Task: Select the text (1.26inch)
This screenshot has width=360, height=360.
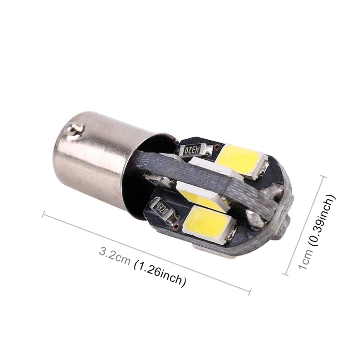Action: pos(160,274)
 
